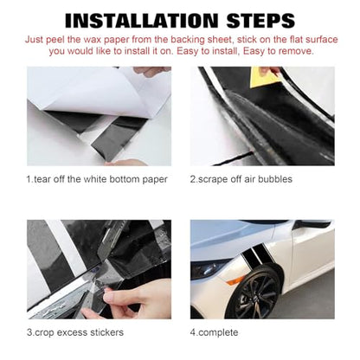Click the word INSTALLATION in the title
pyautogui.click(x=142, y=21)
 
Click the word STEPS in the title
pyautogui.click(x=260, y=21)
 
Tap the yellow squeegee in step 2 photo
pyautogui.click(x=264, y=77)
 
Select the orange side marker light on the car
pyautogui.click(x=235, y=280)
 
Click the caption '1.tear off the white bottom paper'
pyautogui.click(x=97, y=179)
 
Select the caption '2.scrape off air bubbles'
pyautogui.click(x=241, y=179)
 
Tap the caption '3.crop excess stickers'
pyautogui.click(x=75, y=332)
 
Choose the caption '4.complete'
pyautogui.click(x=214, y=332)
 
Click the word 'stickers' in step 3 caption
pyautogui.click(x=106, y=332)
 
